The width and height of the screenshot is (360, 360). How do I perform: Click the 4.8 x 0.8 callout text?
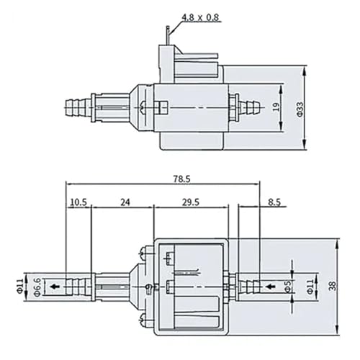200,18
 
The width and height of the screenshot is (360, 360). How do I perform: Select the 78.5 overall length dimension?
181,179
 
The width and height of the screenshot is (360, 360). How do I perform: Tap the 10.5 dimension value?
78,202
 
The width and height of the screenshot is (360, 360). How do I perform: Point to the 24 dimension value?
125,202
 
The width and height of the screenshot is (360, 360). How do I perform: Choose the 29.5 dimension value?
191,202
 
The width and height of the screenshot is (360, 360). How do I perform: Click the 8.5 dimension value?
274,202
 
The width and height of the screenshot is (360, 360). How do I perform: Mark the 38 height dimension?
333,286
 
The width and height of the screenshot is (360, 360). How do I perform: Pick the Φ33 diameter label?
300,109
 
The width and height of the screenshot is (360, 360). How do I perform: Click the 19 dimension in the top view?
276,107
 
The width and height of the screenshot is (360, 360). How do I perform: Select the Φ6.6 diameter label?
37,287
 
